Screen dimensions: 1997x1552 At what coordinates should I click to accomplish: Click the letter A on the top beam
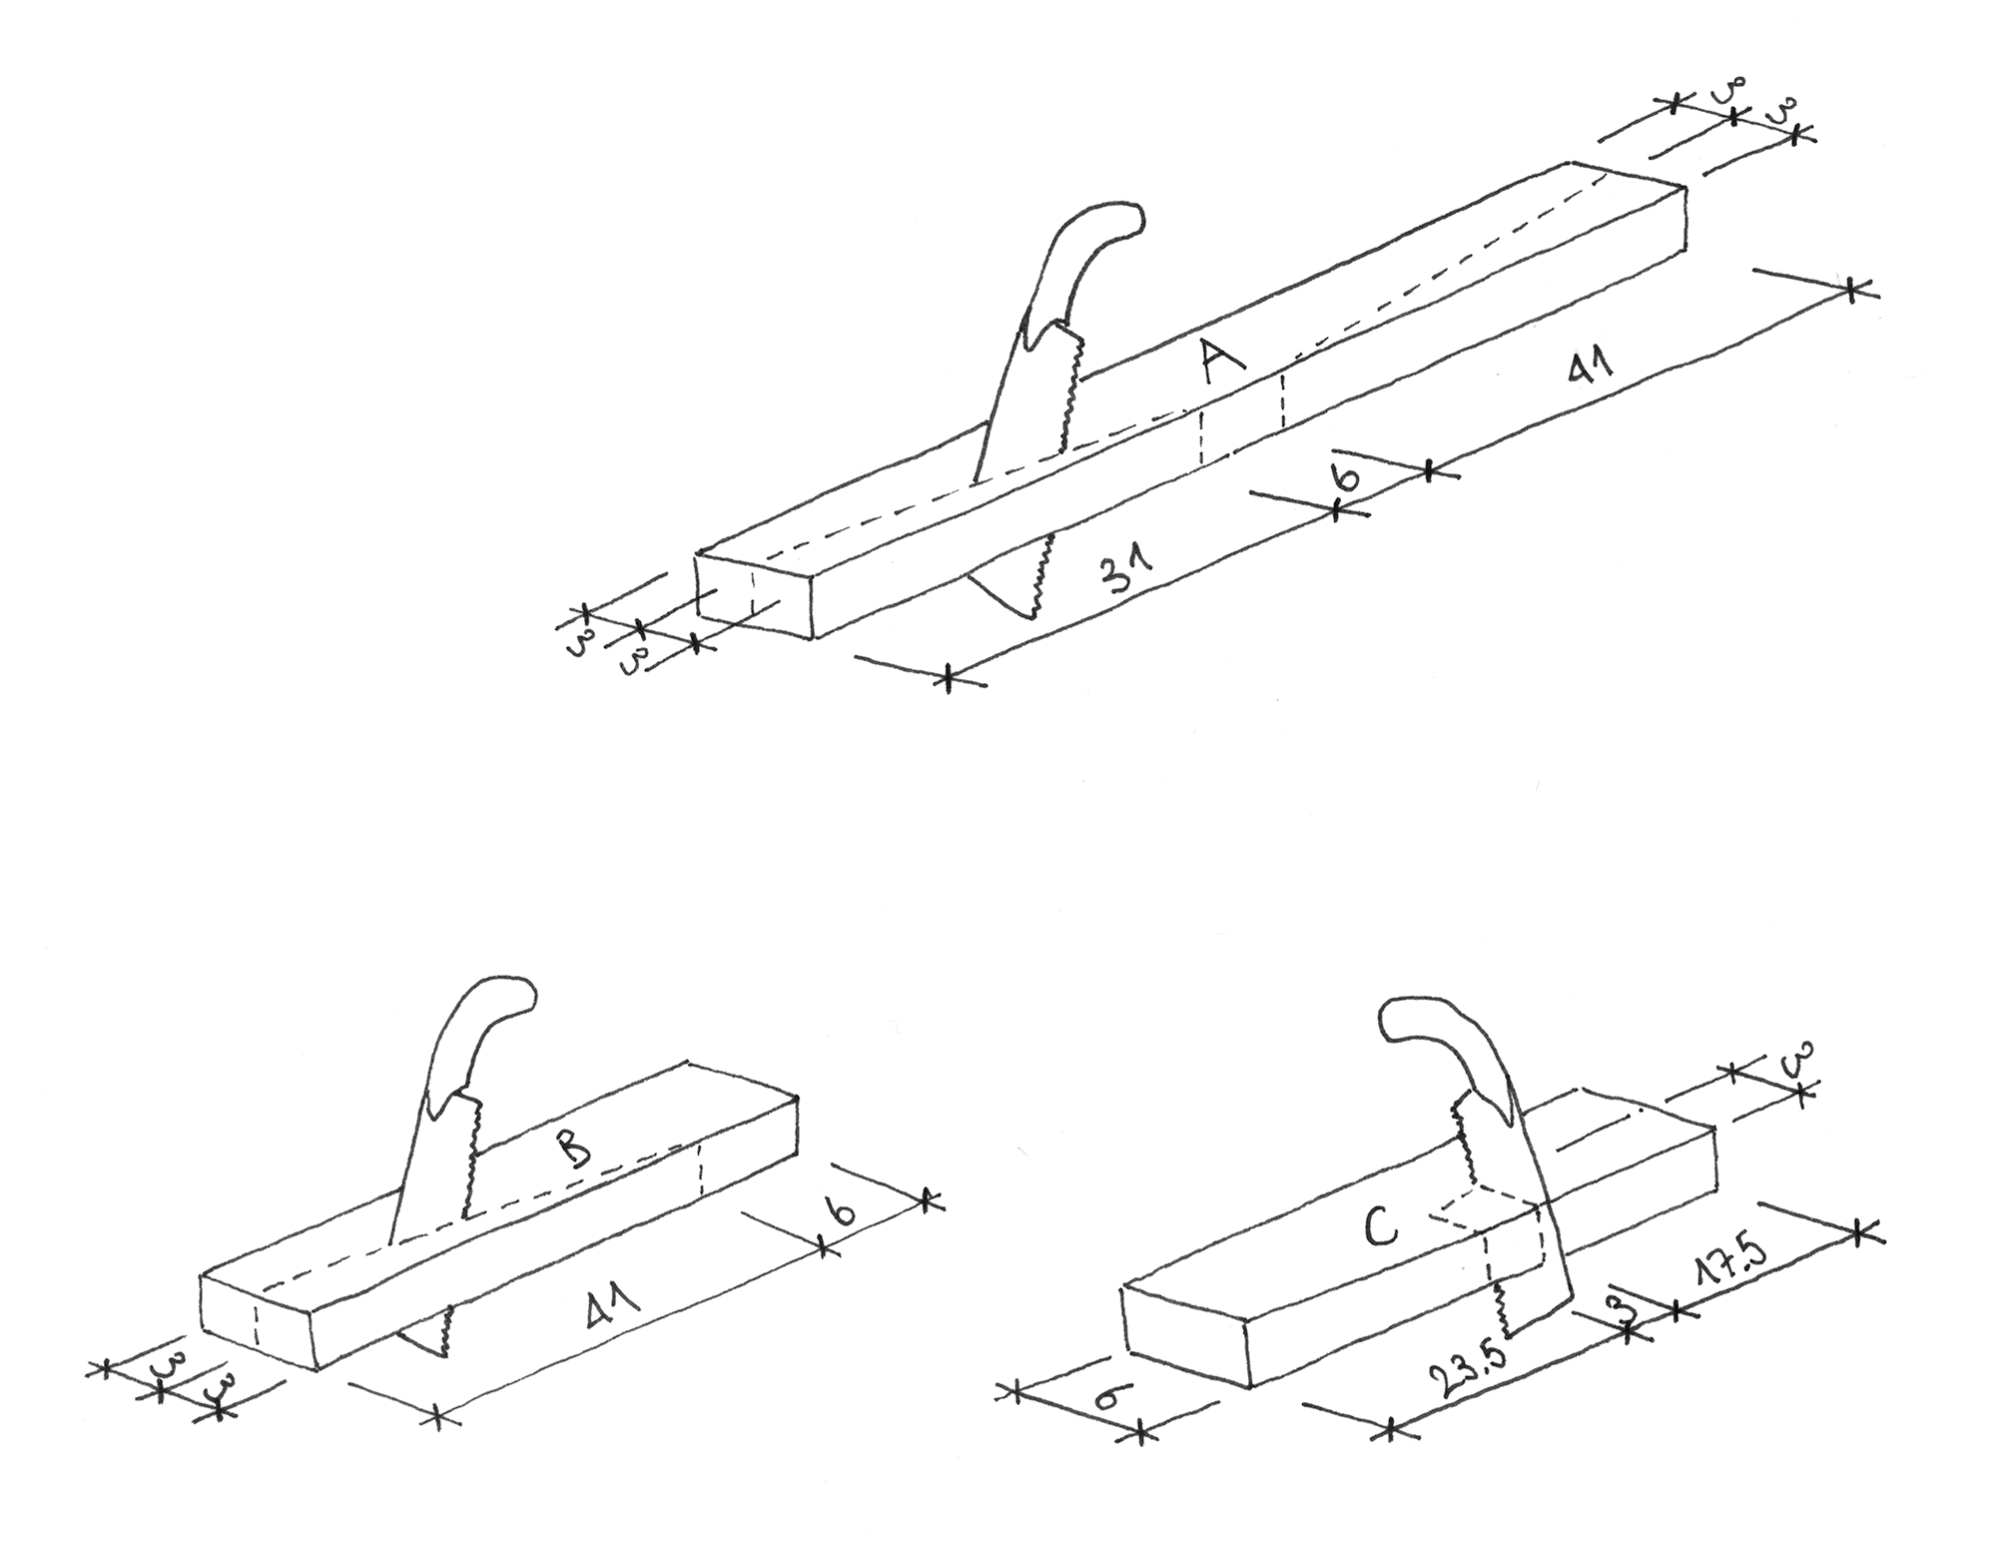[1222, 361]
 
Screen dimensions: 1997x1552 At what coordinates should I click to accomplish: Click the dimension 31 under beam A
[1124, 574]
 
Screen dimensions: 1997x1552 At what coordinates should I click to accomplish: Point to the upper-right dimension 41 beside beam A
[1590, 370]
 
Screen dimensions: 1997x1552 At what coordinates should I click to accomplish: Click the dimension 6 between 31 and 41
[1347, 476]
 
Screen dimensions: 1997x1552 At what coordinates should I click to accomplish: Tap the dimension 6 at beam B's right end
[844, 1212]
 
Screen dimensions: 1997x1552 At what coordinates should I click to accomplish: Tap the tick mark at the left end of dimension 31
[948, 678]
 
